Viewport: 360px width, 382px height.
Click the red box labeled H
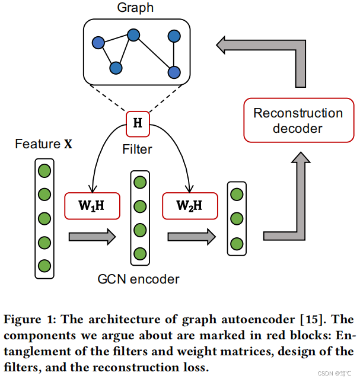point(138,123)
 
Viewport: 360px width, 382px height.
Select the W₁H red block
point(91,206)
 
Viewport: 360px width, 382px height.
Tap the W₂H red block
point(190,206)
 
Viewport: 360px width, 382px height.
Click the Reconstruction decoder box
point(298,120)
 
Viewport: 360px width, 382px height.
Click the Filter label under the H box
point(137,149)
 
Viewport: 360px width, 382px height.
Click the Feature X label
point(43,144)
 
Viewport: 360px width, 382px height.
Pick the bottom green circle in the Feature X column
point(44,265)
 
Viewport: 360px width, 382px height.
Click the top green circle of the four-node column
point(140,183)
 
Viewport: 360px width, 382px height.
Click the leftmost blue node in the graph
point(97,43)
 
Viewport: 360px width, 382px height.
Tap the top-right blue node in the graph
point(174,36)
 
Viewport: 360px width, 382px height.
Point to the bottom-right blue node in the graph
point(174,72)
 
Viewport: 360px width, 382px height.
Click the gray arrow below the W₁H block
point(91,237)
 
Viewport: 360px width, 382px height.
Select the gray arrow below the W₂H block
point(190,237)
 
